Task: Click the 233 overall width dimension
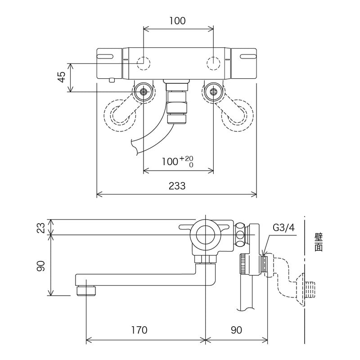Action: point(177,186)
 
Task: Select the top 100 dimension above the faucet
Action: point(177,21)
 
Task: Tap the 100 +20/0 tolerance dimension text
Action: point(177,162)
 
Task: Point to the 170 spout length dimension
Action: point(139,330)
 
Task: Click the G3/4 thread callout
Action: point(283,228)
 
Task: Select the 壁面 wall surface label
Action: point(319,242)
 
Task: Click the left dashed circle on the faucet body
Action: point(144,62)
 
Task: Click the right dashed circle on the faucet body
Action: point(213,62)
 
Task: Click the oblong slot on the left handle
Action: point(104,56)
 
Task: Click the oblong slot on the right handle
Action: point(249,56)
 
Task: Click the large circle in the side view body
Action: point(205,234)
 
